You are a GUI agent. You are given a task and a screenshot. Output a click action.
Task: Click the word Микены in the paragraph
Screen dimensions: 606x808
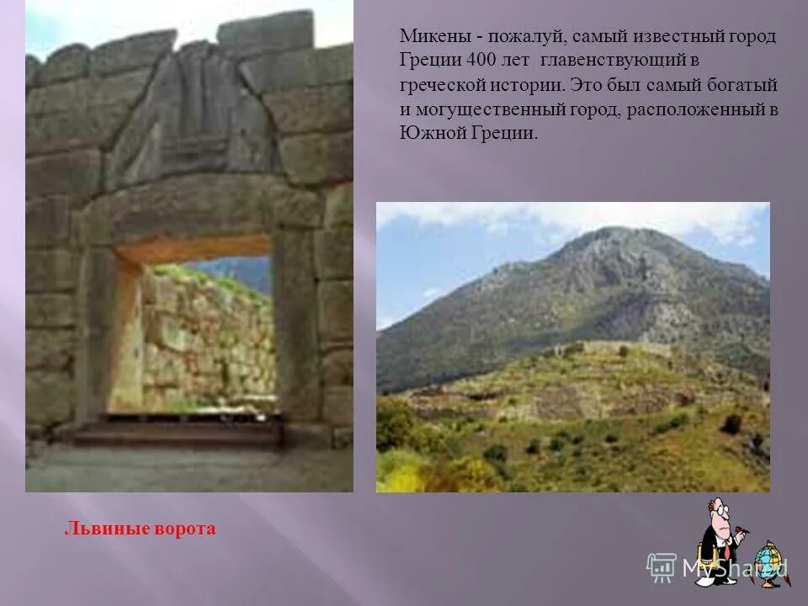point(428,38)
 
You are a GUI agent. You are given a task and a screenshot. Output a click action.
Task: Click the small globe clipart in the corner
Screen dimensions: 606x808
point(767,561)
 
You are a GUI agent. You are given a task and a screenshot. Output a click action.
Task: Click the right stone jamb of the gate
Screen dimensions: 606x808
point(299,328)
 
